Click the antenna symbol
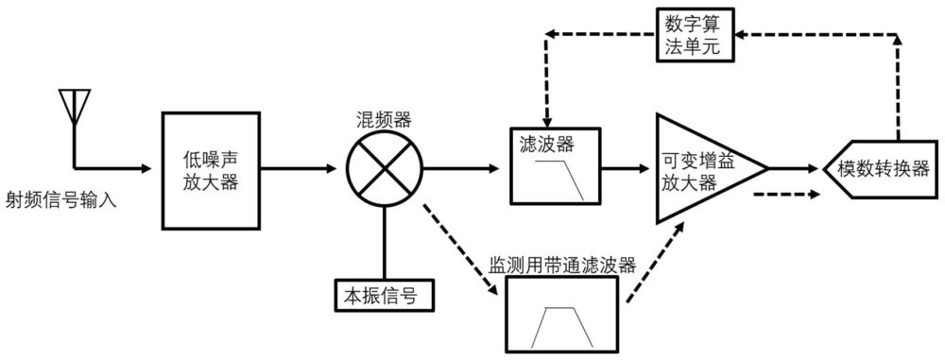click(74, 108)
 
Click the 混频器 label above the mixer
click(383, 119)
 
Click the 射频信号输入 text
click(60, 198)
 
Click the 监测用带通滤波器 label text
click(562, 266)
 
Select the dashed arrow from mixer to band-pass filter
click(462, 249)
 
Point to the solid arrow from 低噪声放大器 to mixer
click(299, 169)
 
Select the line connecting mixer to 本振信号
click(385, 244)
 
